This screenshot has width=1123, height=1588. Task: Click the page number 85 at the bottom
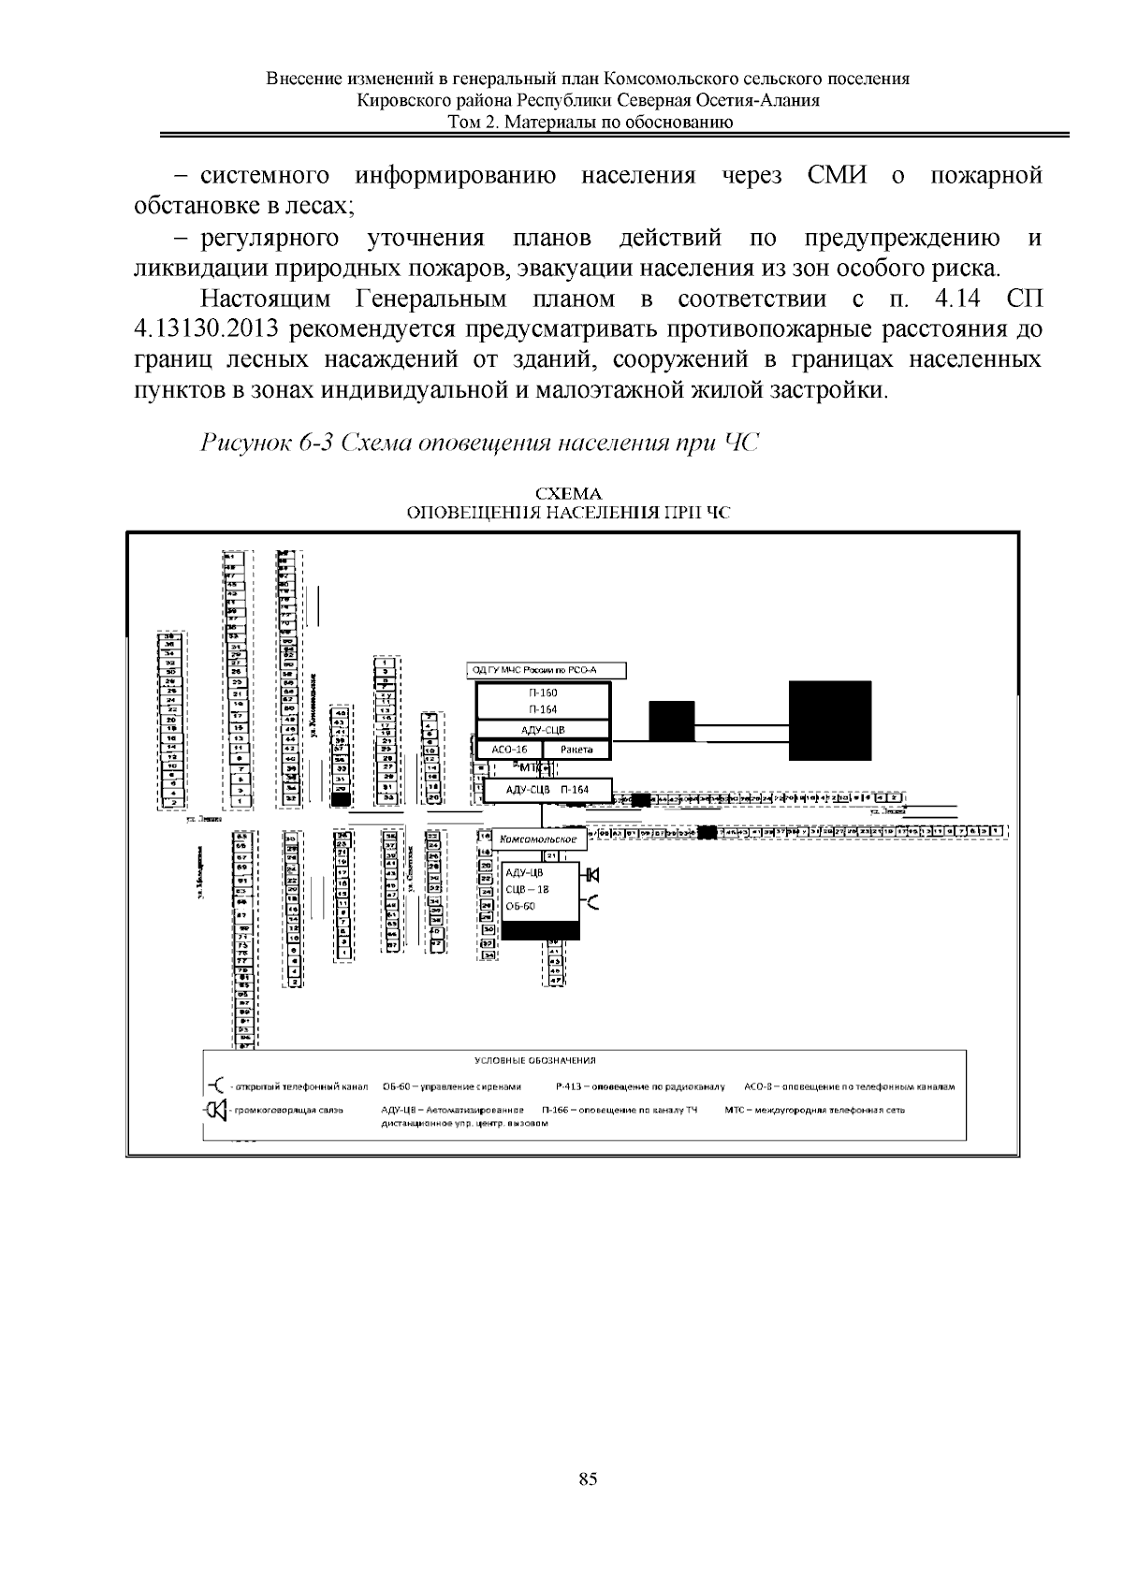coord(588,1479)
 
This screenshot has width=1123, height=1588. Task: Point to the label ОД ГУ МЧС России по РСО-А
coord(545,670)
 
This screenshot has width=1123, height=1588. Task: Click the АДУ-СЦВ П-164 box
coord(547,791)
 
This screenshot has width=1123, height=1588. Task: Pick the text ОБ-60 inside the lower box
coord(520,906)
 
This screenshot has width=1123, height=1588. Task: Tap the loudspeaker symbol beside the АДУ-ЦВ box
coord(591,875)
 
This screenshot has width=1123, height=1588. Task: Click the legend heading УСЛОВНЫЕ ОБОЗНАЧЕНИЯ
coord(535,1061)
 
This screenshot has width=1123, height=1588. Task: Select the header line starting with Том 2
coord(591,122)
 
